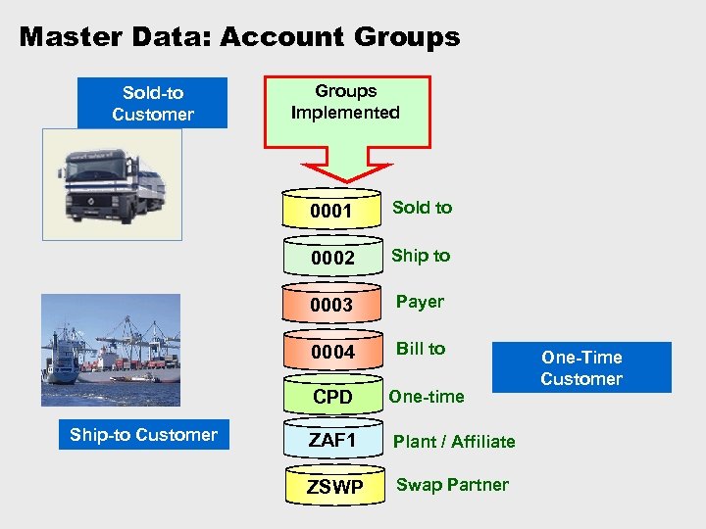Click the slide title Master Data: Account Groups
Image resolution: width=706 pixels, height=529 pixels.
pyautogui.click(x=239, y=37)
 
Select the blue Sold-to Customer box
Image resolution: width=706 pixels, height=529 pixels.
pyautogui.click(x=153, y=103)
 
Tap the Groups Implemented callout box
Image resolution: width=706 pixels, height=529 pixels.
pyautogui.click(x=345, y=102)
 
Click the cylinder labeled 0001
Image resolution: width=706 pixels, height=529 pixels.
pyautogui.click(x=330, y=210)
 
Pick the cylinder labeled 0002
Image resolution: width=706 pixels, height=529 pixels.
pyautogui.click(x=330, y=258)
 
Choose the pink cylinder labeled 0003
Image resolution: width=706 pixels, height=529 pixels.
pyautogui.click(x=330, y=305)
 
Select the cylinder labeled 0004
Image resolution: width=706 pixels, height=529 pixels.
pyautogui.click(x=330, y=352)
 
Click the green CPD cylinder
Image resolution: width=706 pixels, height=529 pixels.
pyautogui.click(x=330, y=398)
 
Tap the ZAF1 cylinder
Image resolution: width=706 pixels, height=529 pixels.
pyautogui.click(x=331, y=441)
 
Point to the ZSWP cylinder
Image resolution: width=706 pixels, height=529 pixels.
pyautogui.click(x=334, y=487)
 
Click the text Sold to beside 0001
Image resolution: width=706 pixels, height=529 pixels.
pyautogui.click(x=422, y=207)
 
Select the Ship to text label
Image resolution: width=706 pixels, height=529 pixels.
pyautogui.click(x=421, y=255)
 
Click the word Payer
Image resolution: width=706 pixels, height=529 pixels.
pyautogui.click(x=420, y=302)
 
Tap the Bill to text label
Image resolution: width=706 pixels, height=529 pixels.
pyautogui.click(x=420, y=348)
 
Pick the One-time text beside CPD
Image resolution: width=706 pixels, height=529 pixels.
pyautogui.click(x=427, y=396)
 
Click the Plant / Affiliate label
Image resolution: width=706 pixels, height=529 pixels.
pyautogui.click(x=454, y=441)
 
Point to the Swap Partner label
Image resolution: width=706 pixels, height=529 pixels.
pyautogui.click(x=452, y=485)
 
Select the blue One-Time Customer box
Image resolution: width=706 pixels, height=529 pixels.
pyautogui.click(x=581, y=367)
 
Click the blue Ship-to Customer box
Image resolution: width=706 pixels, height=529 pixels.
pyautogui.click(x=143, y=434)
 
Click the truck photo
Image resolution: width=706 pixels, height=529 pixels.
pyautogui.click(x=112, y=184)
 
